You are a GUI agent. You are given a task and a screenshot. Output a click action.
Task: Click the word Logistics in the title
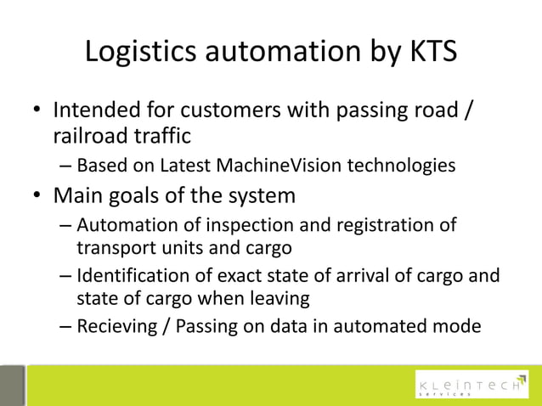point(142,52)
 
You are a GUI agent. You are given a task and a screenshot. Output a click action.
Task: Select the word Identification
point(132,277)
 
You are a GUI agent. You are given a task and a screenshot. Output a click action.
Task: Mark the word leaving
point(278,298)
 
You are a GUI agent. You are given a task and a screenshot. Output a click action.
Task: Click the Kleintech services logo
point(469,386)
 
